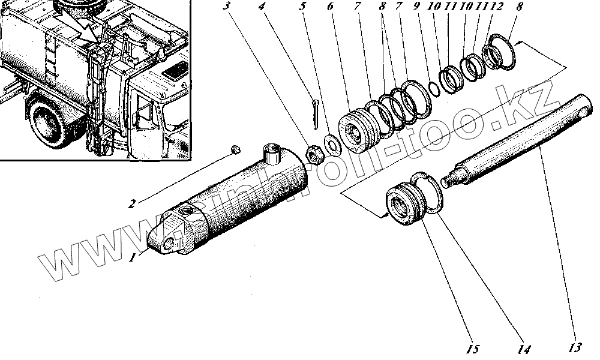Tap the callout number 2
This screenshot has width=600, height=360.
[x=131, y=203]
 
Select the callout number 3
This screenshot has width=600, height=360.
[x=226, y=7]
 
